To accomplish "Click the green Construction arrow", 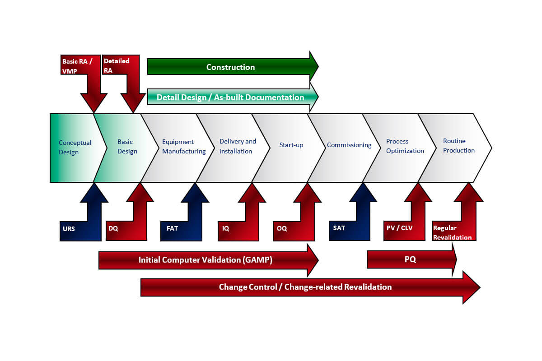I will (x=230, y=67).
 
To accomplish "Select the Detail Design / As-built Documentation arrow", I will (x=230, y=97).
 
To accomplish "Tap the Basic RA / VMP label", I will (x=77, y=66).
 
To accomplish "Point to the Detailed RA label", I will (x=117, y=65).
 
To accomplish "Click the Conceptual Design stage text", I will (x=75, y=147).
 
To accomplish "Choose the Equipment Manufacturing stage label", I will (x=184, y=147).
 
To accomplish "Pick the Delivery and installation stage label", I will (x=238, y=146).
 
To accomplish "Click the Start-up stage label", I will (x=291, y=145).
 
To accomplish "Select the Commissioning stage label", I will (x=349, y=145).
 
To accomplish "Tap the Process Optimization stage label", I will (x=405, y=146).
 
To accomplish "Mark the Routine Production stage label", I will (x=458, y=146).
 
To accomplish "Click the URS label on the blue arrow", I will (x=69, y=229).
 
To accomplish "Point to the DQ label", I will (x=113, y=229).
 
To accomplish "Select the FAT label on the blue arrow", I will (x=172, y=228).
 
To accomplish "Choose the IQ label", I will (x=226, y=229).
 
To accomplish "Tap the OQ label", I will (x=281, y=229).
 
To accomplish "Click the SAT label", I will (x=339, y=228).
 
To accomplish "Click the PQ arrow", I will (x=410, y=260).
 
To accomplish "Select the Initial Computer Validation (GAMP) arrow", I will (x=206, y=260).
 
